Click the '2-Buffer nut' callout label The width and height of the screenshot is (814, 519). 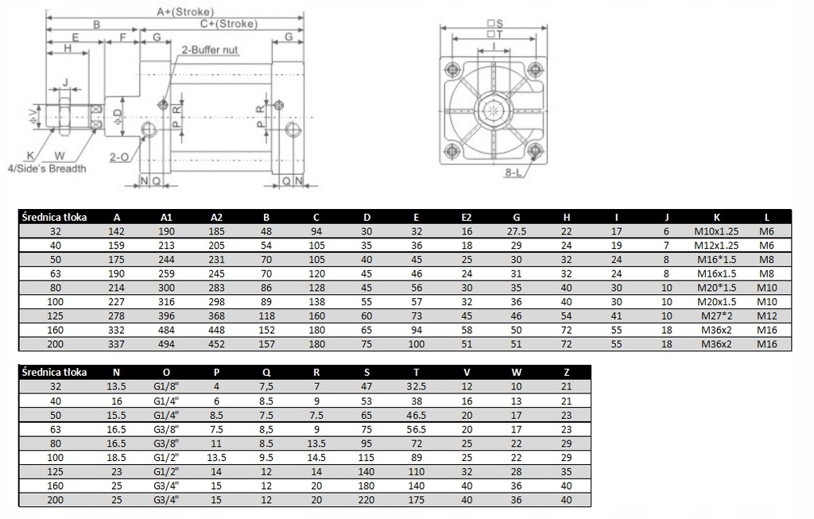point(210,50)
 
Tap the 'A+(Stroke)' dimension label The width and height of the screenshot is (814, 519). point(185,11)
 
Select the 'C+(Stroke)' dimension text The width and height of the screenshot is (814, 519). point(229,23)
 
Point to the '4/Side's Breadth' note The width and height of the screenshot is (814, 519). point(47,168)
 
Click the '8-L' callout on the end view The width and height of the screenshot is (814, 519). point(513,172)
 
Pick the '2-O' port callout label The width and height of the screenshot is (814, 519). point(119,157)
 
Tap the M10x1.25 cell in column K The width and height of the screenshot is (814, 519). point(716,231)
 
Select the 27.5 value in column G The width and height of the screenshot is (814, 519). point(517,231)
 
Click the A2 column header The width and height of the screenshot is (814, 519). point(216,218)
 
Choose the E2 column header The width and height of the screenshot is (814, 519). point(466,218)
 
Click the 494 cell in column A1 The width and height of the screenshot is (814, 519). point(166,344)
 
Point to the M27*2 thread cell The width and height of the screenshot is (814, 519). point(716,316)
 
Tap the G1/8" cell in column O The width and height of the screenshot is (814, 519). point(166,386)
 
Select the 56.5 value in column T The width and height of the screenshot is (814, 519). point(417,429)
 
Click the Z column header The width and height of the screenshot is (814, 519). point(566,372)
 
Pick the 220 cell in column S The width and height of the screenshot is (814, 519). point(366,500)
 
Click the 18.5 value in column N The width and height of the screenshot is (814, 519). point(116,457)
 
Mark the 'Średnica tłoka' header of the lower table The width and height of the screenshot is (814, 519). point(55,372)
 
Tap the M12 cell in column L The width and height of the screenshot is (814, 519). point(767,316)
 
